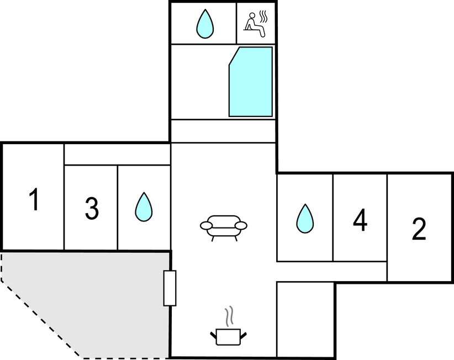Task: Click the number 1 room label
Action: tap(34, 199)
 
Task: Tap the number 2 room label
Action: tap(419, 229)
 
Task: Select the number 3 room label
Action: tap(92, 208)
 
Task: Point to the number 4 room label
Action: tap(360, 220)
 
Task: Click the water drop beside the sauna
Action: tap(205, 24)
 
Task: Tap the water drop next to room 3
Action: tap(144, 207)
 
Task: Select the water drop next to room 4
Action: tap(305, 219)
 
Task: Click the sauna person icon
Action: tap(255, 25)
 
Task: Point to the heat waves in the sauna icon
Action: tap(263, 17)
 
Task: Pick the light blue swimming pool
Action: tap(251, 82)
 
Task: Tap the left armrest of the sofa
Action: tap(207, 225)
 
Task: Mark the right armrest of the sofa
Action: tap(241, 225)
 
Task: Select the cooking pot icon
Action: tap(228, 337)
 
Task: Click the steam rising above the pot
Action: tap(229, 316)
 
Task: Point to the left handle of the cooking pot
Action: tap(213, 335)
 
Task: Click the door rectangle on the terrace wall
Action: tap(170, 288)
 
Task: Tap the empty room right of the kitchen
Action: tap(306, 320)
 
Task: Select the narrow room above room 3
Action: tap(117, 155)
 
